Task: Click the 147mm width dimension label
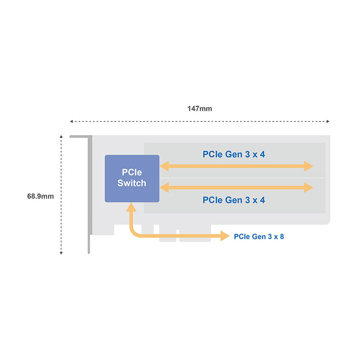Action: tap(199, 108)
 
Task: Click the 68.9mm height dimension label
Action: tap(40, 196)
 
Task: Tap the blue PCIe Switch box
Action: tap(132, 178)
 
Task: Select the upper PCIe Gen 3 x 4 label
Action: tap(233, 154)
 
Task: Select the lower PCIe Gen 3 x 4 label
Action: tap(233, 200)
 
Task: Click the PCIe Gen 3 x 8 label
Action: tap(259, 236)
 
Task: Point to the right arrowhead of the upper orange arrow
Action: tap(308, 166)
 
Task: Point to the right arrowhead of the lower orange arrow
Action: tap(308, 187)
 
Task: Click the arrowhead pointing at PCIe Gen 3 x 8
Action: tap(225, 236)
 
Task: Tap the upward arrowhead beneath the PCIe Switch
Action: tap(131, 207)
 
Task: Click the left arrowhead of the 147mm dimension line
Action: tap(71, 121)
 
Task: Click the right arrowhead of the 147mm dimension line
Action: tap(328, 121)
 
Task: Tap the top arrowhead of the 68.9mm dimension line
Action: tap(61, 137)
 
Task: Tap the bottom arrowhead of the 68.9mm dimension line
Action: tap(61, 253)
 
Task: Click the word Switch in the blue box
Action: tap(132, 183)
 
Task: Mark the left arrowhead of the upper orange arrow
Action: tap(164, 166)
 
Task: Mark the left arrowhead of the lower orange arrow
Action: tap(164, 187)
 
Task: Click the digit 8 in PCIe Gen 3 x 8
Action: tap(281, 236)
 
